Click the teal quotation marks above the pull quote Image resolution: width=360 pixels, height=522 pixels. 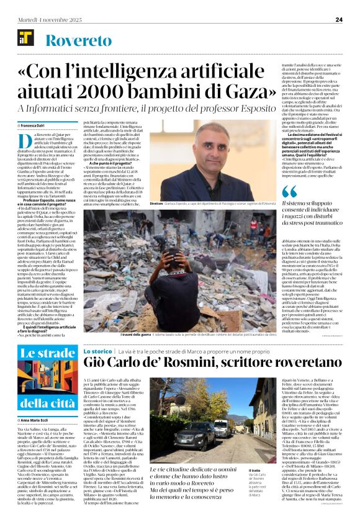290,190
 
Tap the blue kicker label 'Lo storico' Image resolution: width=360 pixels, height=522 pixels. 97,351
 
